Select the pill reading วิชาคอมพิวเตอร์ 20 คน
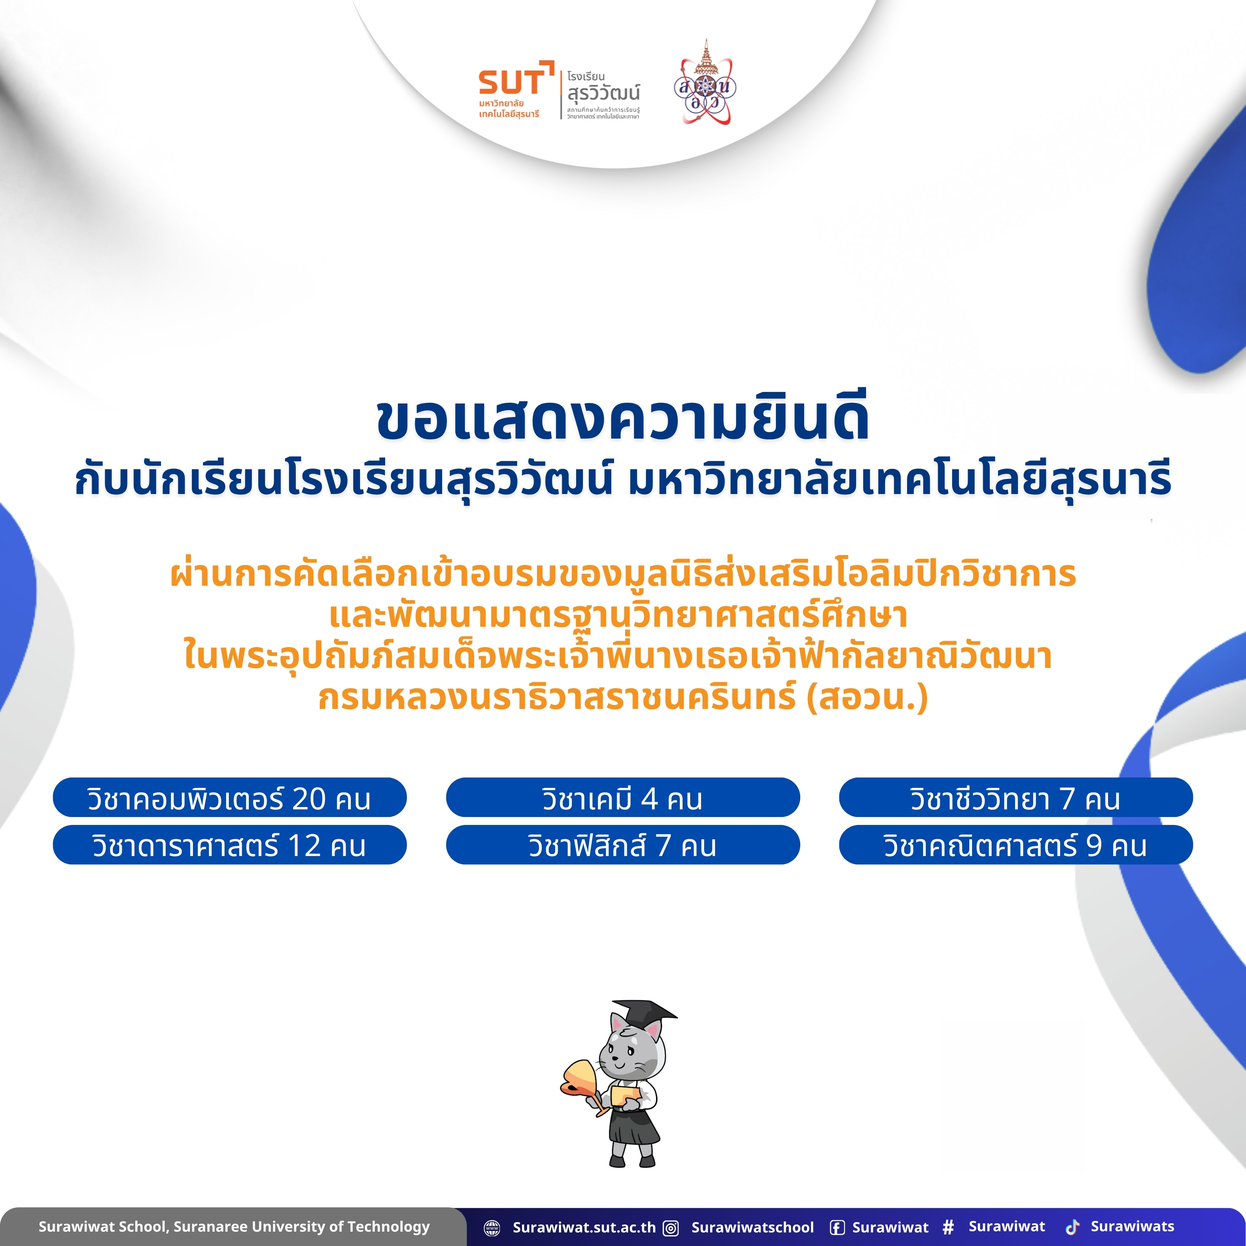(x=230, y=798)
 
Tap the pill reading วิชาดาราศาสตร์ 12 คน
(x=230, y=845)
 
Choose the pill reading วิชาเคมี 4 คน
(x=623, y=798)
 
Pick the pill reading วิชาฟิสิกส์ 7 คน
(x=623, y=845)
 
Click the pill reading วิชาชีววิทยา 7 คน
(x=1016, y=798)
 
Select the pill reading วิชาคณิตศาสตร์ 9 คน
(x=1016, y=845)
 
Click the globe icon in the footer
(x=492, y=1227)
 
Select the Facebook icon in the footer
(x=837, y=1227)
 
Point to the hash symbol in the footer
(x=948, y=1226)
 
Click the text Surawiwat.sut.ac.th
(x=584, y=1227)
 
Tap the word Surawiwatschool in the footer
(x=753, y=1227)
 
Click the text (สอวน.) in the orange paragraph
(x=868, y=698)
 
